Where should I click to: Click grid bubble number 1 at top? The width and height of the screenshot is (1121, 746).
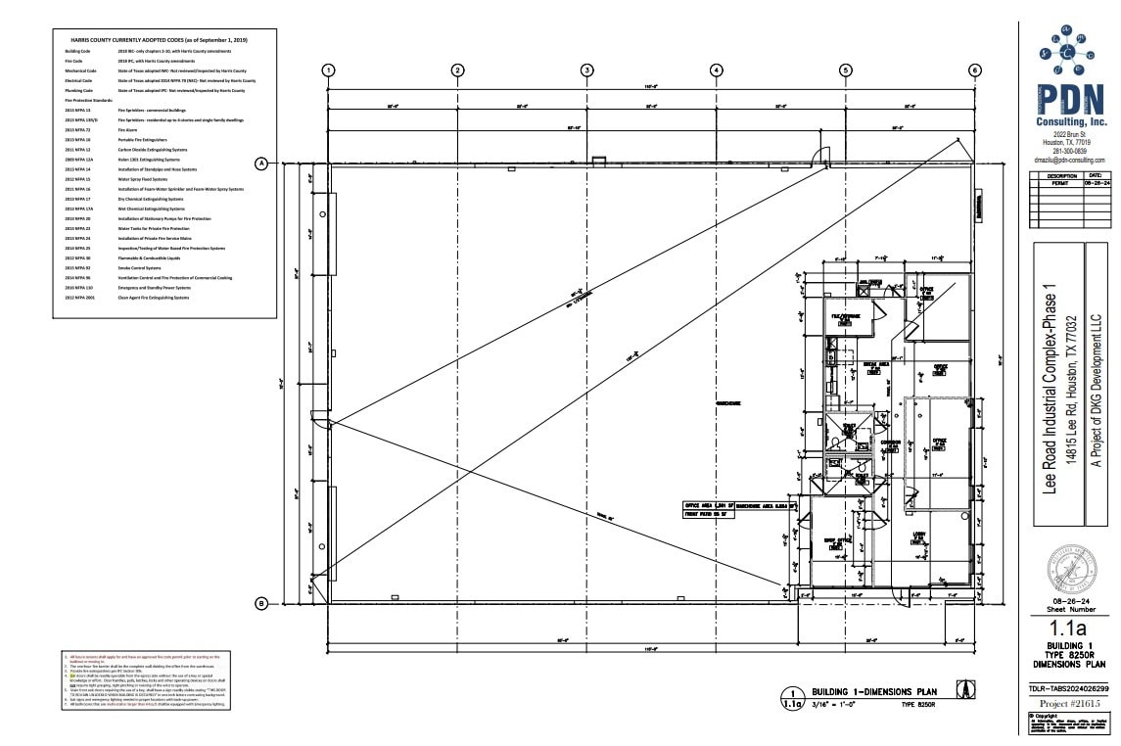pyautogui.click(x=329, y=70)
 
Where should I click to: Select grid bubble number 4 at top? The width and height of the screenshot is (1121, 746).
pyautogui.click(x=717, y=70)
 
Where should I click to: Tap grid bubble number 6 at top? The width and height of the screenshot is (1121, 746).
pyautogui.click(x=975, y=70)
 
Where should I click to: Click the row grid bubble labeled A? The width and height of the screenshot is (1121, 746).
pyautogui.click(x=261, y=163)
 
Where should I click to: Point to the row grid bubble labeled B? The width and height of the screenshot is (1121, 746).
pyautogui.click(x=261, y=603)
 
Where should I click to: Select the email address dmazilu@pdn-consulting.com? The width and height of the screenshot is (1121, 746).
pyautogui.click(x=1072, y=160)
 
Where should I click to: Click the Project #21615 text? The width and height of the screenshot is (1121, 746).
pyautogui.click(x=1072, y=703)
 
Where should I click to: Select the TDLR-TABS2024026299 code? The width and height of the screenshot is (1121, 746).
pyautogui.click(x=1072, y=688)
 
